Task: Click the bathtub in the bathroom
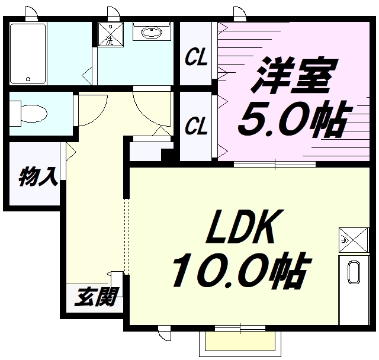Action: click(x=28, y=53)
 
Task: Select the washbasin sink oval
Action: click(x=152, y=32)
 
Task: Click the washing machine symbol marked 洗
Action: click(x=111, y=34)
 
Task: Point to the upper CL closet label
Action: click(x=196, y=57)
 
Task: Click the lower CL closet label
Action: click(x=196, y=126)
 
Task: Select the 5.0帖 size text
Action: click(x=294, y=118)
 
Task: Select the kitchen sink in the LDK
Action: click(x=354, y=272)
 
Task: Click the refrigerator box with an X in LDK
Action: click(x=354, y=240)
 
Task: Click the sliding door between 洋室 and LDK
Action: click(x=275, y=164)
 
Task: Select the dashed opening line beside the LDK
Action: click(x=126, y=236)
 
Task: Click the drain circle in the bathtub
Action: click(x=28, y=79)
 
